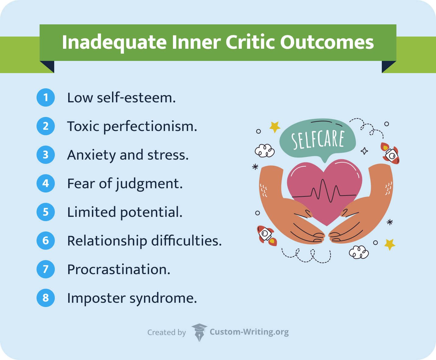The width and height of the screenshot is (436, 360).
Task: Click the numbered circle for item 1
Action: pos(46,97)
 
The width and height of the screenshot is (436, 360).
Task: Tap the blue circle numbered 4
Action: pos(46,183)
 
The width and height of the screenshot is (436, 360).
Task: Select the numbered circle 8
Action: pos(46,298)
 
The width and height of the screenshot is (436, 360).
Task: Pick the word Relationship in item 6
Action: pos(107,241)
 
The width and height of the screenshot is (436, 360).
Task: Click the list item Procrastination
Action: pos(118,269)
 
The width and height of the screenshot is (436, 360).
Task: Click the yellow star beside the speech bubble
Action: pos(275,126)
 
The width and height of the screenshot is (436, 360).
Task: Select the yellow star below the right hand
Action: pos(390,244)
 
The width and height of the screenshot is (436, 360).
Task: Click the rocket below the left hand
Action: pos(266,235)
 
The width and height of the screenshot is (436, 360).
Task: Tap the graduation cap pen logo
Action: pos(199,332)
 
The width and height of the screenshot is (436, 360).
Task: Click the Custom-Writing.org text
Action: pos(249,332)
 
